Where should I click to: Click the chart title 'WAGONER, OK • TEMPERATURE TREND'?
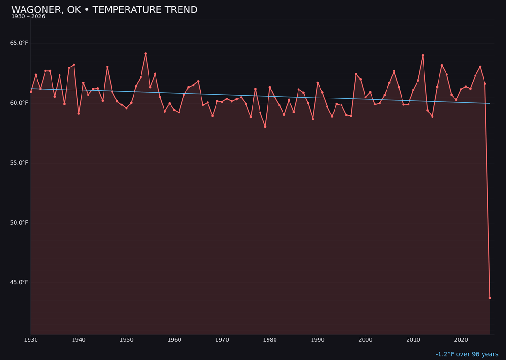(x=104, y=10)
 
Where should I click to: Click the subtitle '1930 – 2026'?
(x=28, y=17)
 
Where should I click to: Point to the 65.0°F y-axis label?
(x=19, y=43)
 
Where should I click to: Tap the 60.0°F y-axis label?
(x=19, y=103)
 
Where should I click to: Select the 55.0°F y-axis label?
(x=19, y=163)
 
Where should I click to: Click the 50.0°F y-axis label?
(x=19, y=222)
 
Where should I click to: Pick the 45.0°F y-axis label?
(x=19, y=282)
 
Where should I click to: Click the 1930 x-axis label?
(x=31, y=340)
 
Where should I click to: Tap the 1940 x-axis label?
(x=79, y=340)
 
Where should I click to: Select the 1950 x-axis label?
(x=126, y=340)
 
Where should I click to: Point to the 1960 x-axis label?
(x=174, y=340)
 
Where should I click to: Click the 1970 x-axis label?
(x=222, y=340)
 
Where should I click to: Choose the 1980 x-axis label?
(x=270, y=340)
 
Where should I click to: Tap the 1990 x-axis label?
(x=318, y=340)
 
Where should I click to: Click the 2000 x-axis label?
(x=365, y=340)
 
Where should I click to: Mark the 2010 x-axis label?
(x=413, y=340)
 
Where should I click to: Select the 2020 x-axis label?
(x=461, y=340)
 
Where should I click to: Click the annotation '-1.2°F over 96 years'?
(x=467, y=354)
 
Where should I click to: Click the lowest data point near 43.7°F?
(x=490, y=298)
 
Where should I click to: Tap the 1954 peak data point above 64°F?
(x=146, y=54)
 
